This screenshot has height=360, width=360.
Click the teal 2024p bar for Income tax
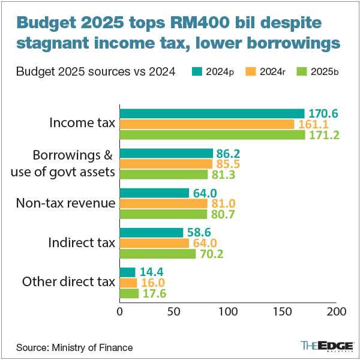tap(212, 113)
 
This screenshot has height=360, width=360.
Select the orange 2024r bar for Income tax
tap(207, 124)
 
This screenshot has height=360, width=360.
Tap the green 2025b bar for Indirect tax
tap(158, 254)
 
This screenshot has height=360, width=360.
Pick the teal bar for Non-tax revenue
tap(155, 193)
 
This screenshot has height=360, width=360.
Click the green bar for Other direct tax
tap(130, 293)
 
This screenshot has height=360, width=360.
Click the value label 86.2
tap(230, 153)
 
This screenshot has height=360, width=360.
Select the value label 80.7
tap(224, 214)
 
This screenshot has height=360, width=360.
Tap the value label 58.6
tap(200, 232)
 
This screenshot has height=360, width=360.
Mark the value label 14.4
tap(152, 272)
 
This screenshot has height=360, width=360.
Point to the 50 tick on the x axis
tap(174, 312)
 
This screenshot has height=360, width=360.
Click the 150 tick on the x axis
tap(282, 312)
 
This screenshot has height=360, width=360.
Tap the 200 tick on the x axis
tap(336, 312)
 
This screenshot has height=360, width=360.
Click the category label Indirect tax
tap(82, 243)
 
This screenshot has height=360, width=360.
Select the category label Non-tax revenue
tap(65, 203)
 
